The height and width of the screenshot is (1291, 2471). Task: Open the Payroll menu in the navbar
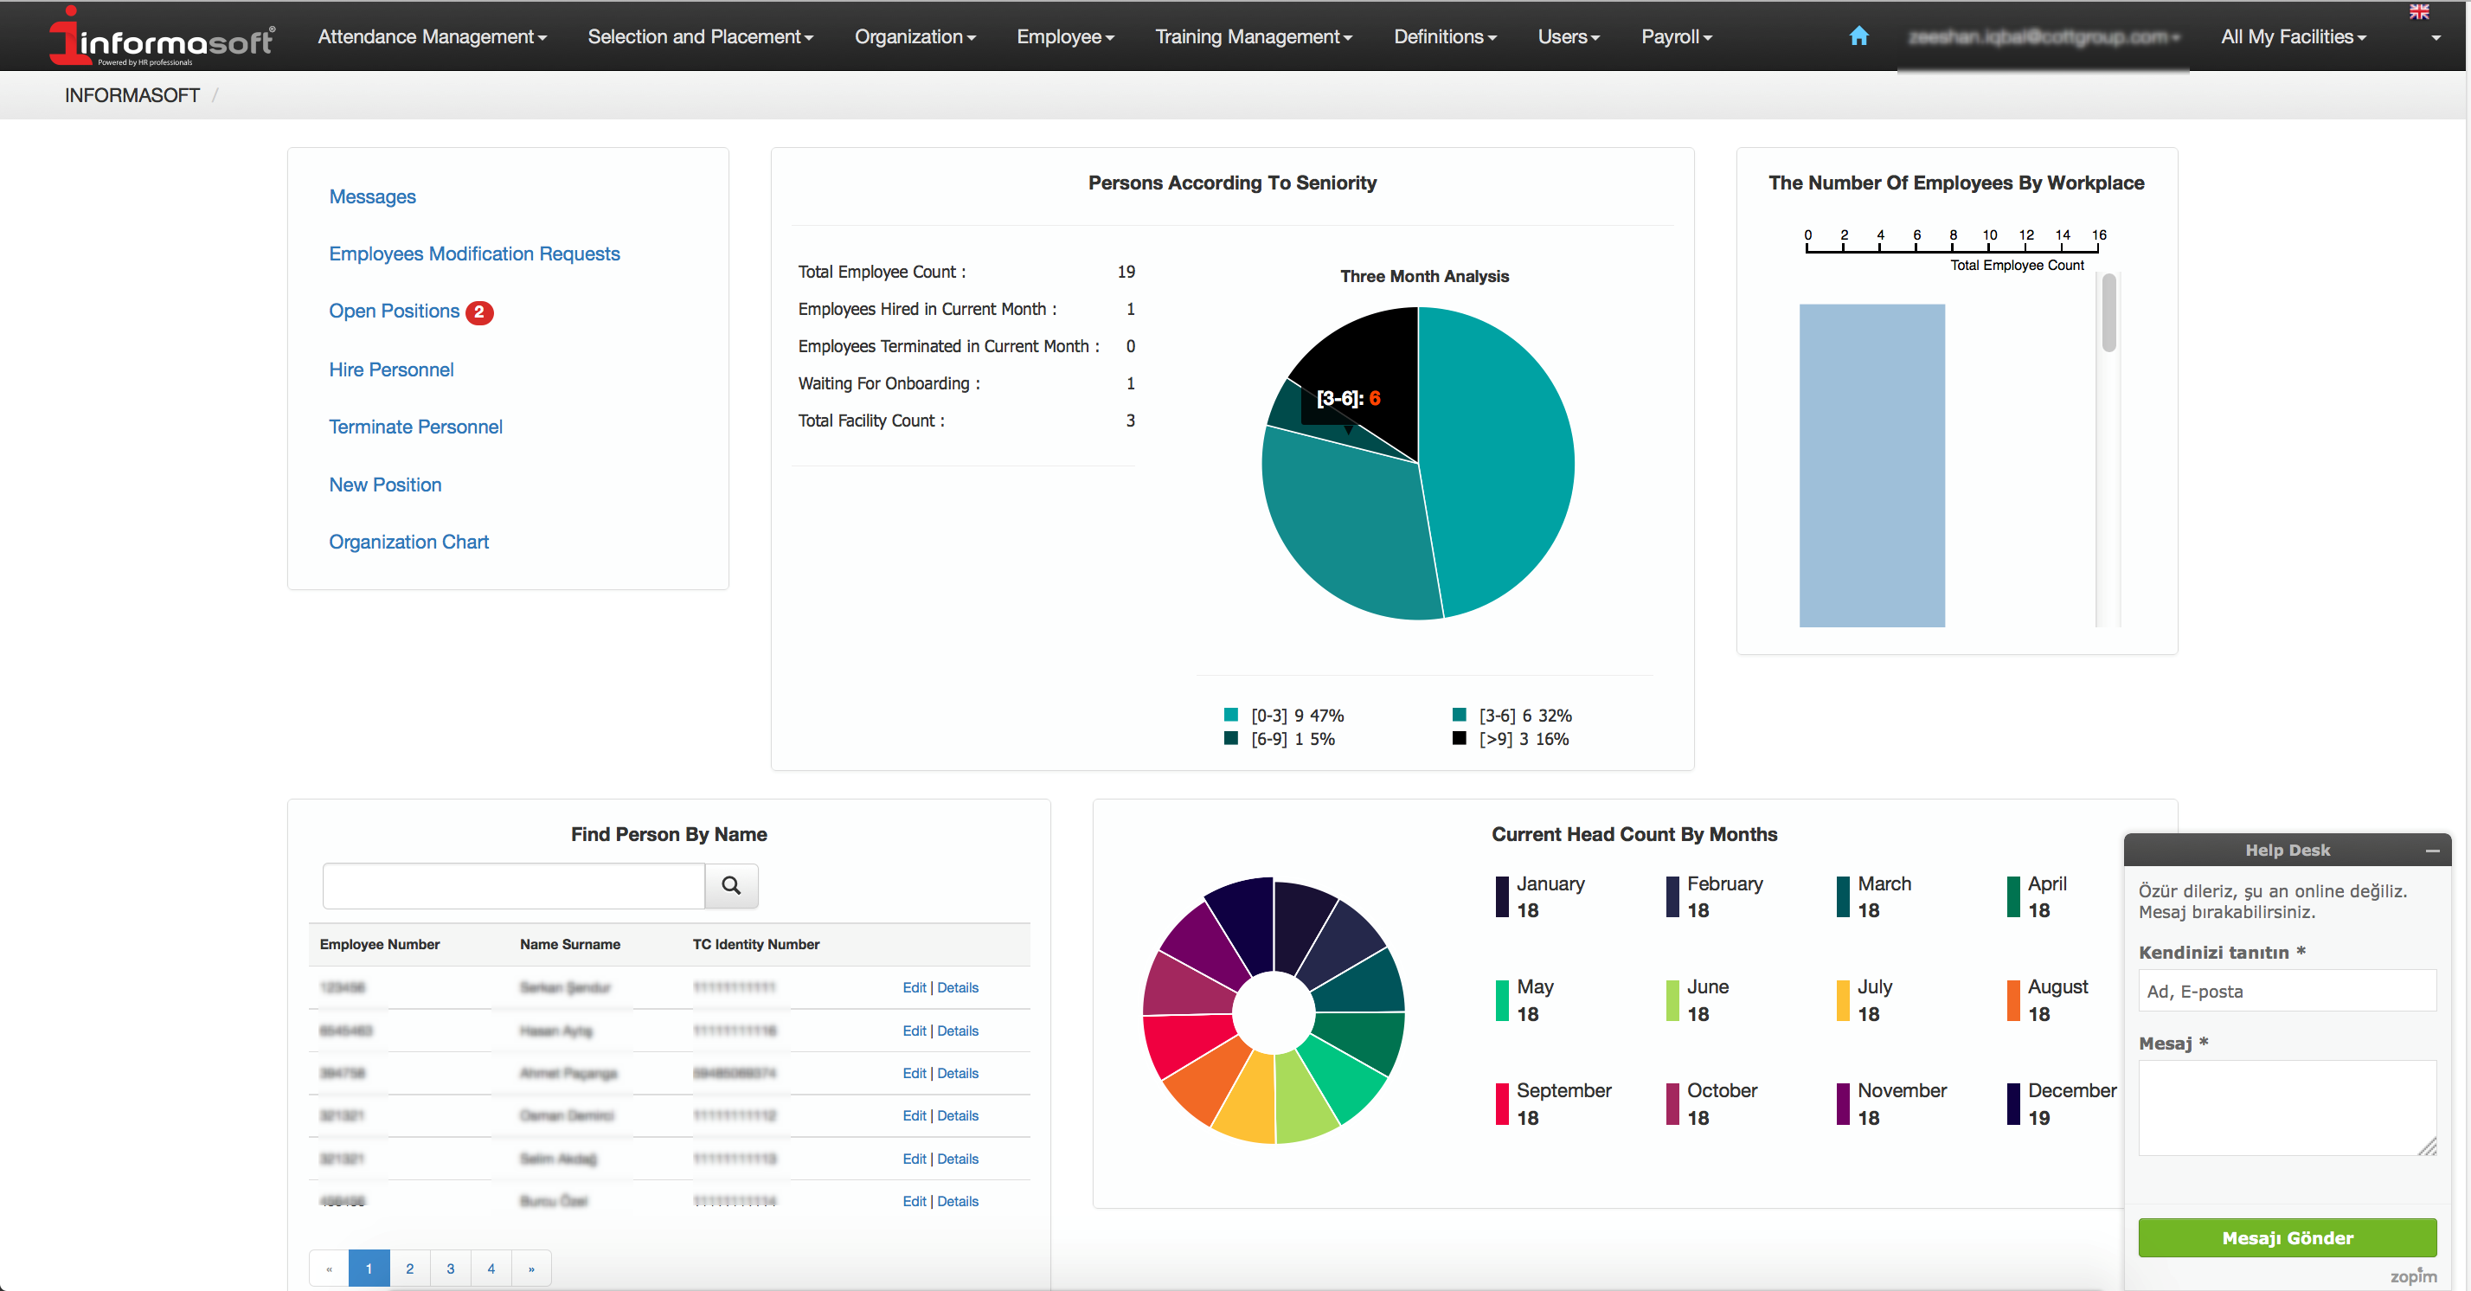tap(1675, 36)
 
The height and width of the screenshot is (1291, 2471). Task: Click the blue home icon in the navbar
tap(1858, 36)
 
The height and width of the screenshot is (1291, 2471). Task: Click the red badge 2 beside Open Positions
tap(478, 312)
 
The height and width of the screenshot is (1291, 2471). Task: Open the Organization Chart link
tap(408, 542)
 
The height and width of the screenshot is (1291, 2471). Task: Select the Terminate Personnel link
tap(415, 427)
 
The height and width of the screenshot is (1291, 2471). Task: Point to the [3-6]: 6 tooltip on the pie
tap(1348, 398)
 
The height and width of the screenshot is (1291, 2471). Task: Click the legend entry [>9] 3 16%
tap(1523, 740)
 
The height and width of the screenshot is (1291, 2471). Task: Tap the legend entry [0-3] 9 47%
tap(1295, 716)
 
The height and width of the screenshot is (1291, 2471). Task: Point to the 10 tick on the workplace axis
tap(1989, 236)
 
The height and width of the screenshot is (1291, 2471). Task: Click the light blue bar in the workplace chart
tap(1871, 466)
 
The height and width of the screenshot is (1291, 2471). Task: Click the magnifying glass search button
tap(731, 885)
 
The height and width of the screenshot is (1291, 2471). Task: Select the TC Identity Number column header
tap(756, 945)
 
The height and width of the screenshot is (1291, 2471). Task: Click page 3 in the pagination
tap(450, 1268)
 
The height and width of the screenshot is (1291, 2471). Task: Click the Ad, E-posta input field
tap(2286, 992)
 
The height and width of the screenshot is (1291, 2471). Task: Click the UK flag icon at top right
tap(2418, 11)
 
